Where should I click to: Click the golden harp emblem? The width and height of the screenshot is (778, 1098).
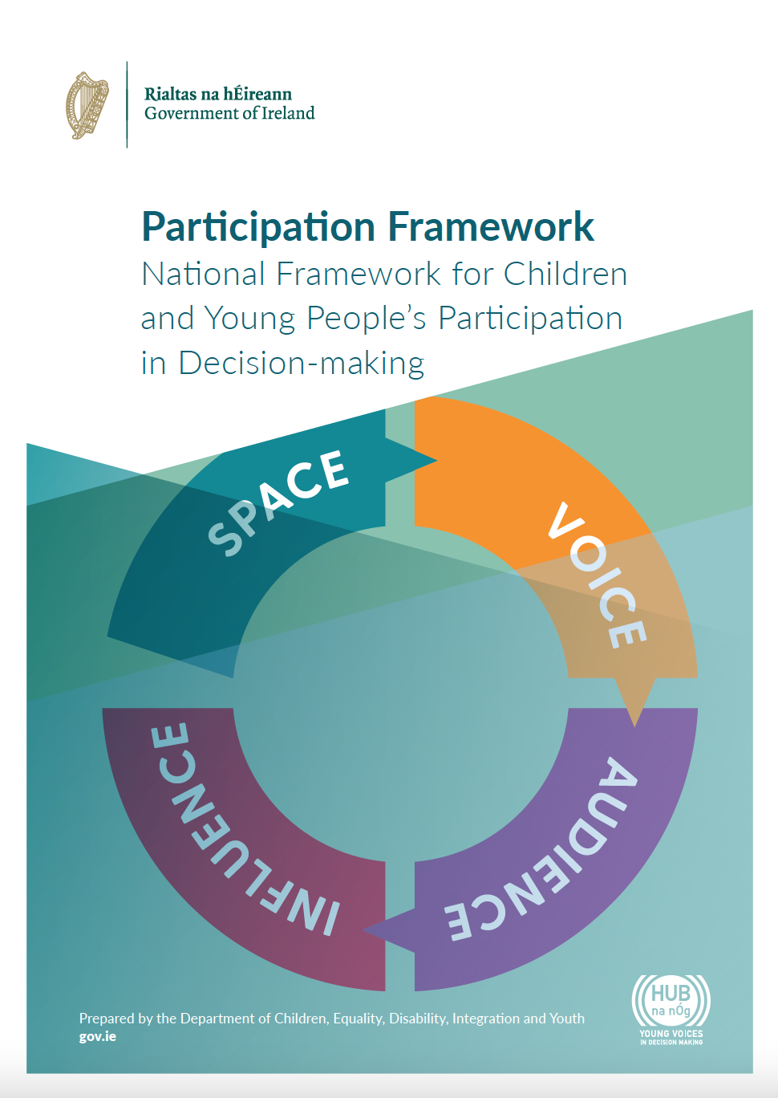[87, 105]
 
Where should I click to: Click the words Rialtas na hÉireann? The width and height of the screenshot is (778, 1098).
[218, 93]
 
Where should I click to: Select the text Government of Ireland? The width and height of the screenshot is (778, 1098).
[229, 113]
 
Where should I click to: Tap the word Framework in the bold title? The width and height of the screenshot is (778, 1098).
[492, 226]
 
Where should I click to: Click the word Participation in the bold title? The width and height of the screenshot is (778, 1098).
[258, 228]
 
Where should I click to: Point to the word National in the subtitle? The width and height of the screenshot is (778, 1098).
[203, 274]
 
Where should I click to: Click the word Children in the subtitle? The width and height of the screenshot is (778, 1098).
[565, 273]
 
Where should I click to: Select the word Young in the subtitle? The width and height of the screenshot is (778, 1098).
[249, 319]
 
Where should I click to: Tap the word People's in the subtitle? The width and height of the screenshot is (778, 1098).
[367, 319]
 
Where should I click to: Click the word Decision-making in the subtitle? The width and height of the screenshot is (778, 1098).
[302, 364]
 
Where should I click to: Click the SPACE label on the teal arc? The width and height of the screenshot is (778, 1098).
[278, 503]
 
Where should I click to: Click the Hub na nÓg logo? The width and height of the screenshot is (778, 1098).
[671, 1010]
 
